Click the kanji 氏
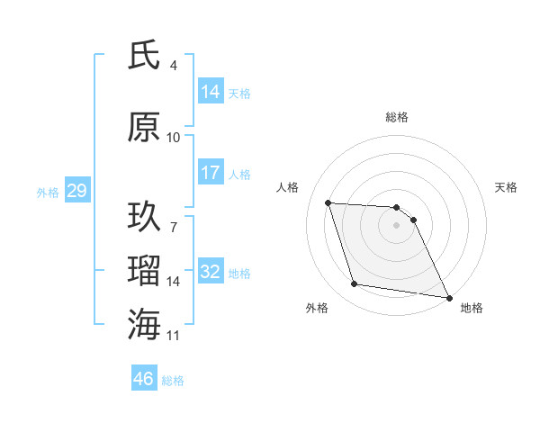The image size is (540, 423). (x=144, y=57)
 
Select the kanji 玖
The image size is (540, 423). (x=144, y=217)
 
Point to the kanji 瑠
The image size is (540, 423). (x=144, y=270)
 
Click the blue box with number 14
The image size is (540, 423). (x=211, y=92)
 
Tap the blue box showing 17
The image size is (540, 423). (x=211, y=173)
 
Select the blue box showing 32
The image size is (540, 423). (x=211, y=272)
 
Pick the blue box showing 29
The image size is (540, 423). (x=76, y=191)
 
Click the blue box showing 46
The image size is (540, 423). (x=144, y=379)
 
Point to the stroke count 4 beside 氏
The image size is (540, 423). (x=174, y=66)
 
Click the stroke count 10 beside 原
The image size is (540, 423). (x=174, y=138)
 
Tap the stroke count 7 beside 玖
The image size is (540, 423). (x=174, y=217)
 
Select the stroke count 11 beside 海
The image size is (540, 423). (x=174, y=336)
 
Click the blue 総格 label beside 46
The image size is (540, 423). (x=174, y=380)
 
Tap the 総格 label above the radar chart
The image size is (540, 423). (x=397, y=117)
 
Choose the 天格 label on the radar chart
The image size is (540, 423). (x=507, y=187)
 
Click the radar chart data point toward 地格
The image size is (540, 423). (x=449, y=297)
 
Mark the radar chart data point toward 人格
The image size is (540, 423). (x=328, y=202)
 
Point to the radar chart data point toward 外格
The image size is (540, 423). (x=355, y=284)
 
